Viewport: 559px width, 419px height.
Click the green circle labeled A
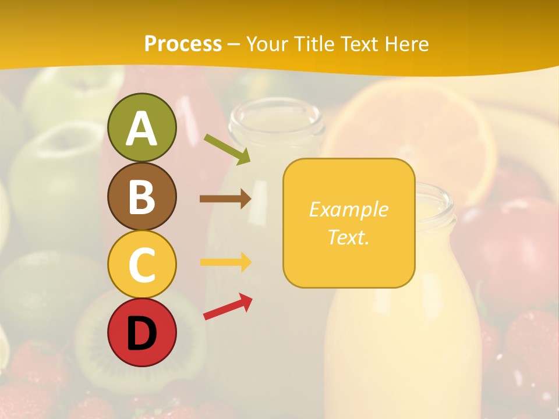pyautogui.click(x=141, y=127)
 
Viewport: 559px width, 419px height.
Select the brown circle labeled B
pyautogui.click(x=141, y=196)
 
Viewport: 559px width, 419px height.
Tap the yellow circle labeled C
pyautogui.click(x=141, y=264)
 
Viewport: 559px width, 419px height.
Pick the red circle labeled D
pyautogui.click(x=141, y=332)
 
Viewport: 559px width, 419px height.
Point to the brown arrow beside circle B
pyautogui.click(x=225, y=199)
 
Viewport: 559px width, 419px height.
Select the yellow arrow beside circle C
pyautogui.click(x=225, y=262)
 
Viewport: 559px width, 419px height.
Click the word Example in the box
pyautogui.click(x=348, y=210)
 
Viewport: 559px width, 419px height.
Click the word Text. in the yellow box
pyautogui.click(x=348, y=237)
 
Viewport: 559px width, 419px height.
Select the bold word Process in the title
pyautogui.click(x=183, y=44)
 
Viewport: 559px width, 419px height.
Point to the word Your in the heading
pyautogui.click(x=266, y=44)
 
